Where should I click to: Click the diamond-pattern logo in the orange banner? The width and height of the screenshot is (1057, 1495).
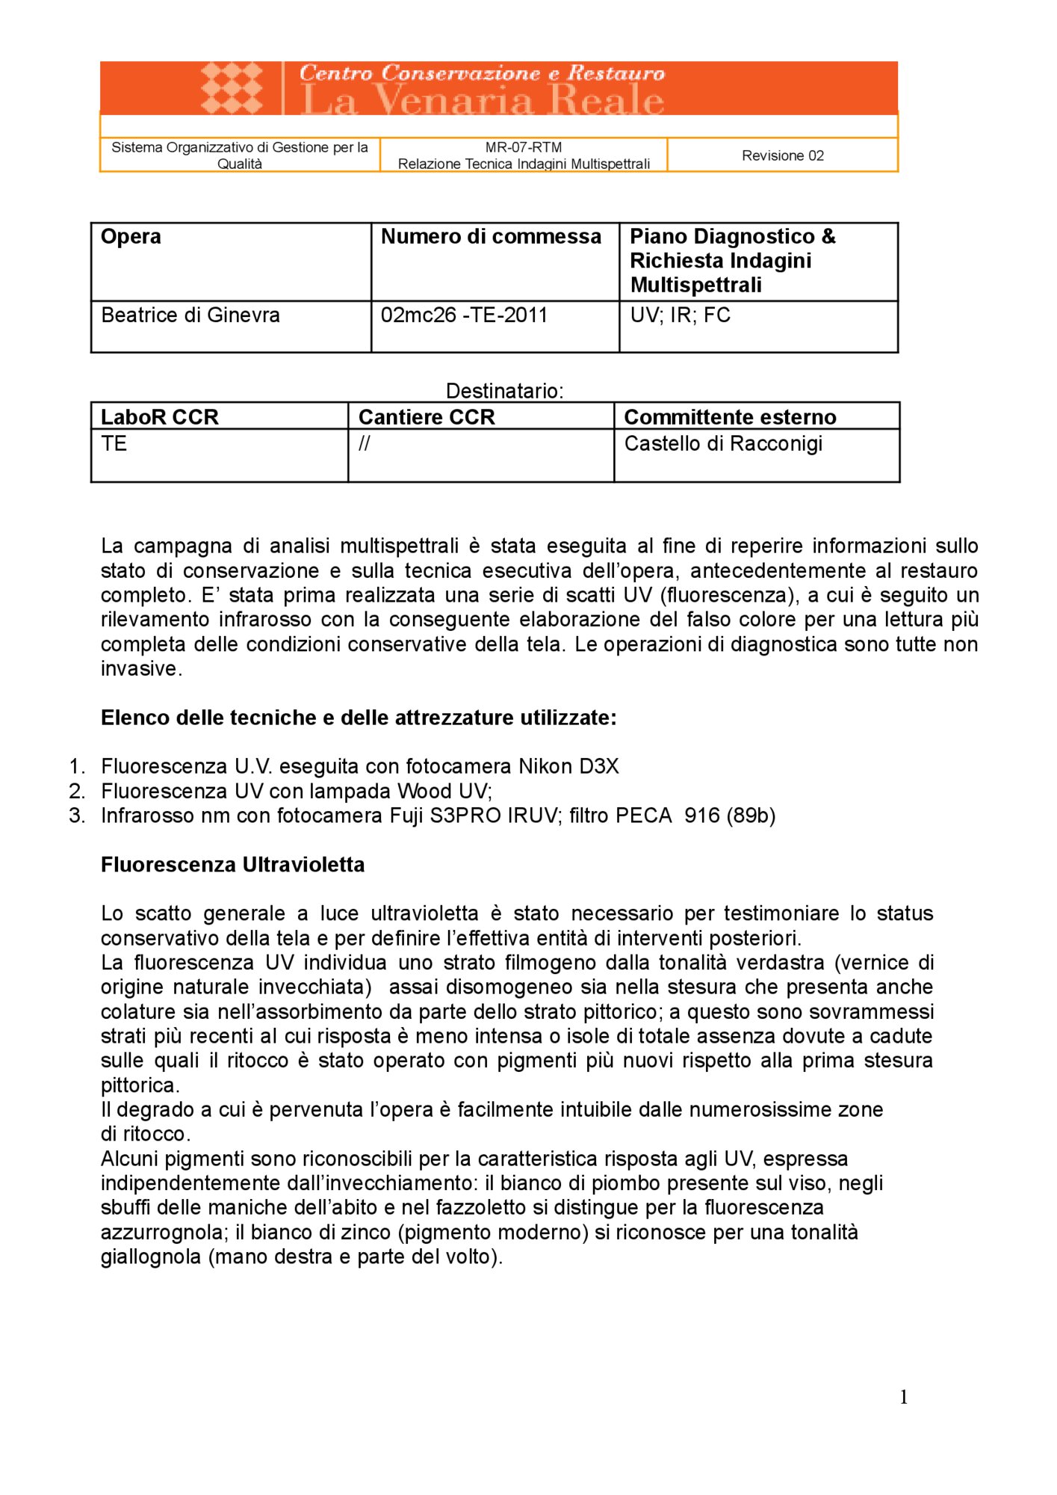pyautogui.click(x=232, y=87)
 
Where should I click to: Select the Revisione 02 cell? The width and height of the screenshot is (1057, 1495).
pyautogui.click(x=782, y=155)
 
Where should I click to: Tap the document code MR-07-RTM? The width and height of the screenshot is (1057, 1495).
pyautogui.click(x=524, y=147)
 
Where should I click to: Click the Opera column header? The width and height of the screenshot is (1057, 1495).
pyautogui.click(x=131, y=237)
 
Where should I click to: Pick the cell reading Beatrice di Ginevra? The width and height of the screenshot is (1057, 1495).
pyautogui.click(x=190, y=315)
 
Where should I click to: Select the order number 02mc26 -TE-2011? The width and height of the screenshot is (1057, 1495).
pyautogui.click(x=464, y=315)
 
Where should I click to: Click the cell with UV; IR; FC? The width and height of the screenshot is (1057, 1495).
pyautogui.click(x=680, y=315)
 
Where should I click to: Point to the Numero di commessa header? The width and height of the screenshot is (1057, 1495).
pyautogui.click(x=491, y=237)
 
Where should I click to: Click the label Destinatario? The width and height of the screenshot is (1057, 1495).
pyautogui.click(x=504, y=391)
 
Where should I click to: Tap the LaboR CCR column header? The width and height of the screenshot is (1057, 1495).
pyautogui.click(x=160, y=417)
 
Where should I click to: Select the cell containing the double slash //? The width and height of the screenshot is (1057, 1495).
pyautogui.click(x=364, y=444)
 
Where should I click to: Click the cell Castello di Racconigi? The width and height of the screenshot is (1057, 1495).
pyautogui.click(x=723, y=444)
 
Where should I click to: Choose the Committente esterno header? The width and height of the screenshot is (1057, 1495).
pyautogui.click(x=730, y=417)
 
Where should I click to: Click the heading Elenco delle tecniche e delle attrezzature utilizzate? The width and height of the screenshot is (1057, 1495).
pyautogui.click(x=359, y=718)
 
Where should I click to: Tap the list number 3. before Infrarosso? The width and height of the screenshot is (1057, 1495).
pyautogui.click(x=77, y=816)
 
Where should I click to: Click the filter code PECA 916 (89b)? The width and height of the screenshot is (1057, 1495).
pyautogui.click(x=695, y=816)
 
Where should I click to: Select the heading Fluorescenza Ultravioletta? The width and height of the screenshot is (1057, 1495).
pyautogui.click(x=233, y=865)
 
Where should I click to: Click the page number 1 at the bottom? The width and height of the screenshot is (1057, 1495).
pyautogui.click(x=904, y=1397)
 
